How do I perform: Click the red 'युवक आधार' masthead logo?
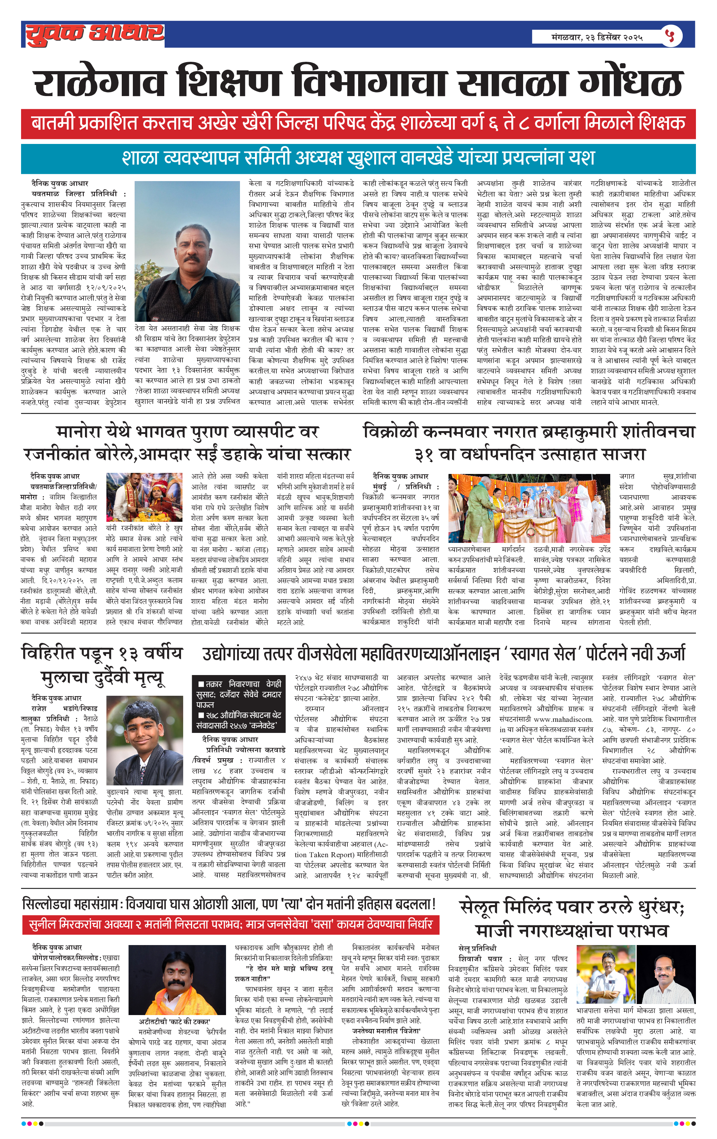(95, 34)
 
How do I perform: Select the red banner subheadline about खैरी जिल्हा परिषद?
(358, 124)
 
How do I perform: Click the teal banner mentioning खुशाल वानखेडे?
(358, 158)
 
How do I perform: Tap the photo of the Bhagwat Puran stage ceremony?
(144, 497)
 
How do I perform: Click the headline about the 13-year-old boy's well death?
(102, 665)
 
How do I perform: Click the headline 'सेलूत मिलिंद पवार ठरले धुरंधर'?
(571, 919)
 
